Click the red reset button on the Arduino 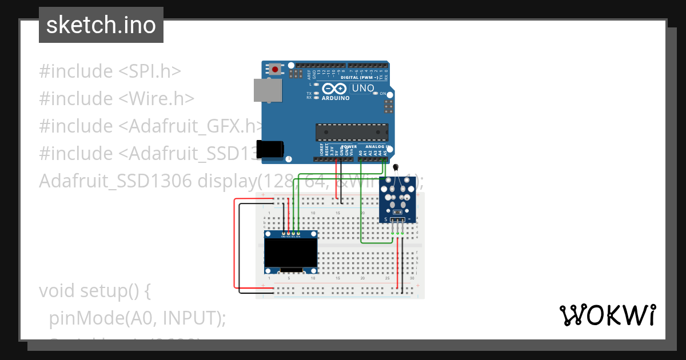(x=276, y=70)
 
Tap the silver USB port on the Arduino (x=268, y=91)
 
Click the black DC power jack (x=269, y=149)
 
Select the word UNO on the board (x=362, y=89)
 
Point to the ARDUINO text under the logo (x=335, y=98)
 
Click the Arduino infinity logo (x=334, y=89)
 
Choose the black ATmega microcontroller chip (x=352, y=132)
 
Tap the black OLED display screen (x=291, y=252)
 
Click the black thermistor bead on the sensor (x=396, y=167)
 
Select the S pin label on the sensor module (x=386, y=219)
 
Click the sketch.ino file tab (x=101, y=25)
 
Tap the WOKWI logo (x=607, y=315)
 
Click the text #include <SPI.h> (x=110, y=71)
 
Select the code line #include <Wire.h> (x=117, y=99)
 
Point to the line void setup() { (x=94, y=291)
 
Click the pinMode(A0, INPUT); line (x=137, y=318)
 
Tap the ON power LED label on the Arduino (x=382, y=93)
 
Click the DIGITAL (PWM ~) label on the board (x=363, y=77)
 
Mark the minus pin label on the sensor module (x=409, y=219)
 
